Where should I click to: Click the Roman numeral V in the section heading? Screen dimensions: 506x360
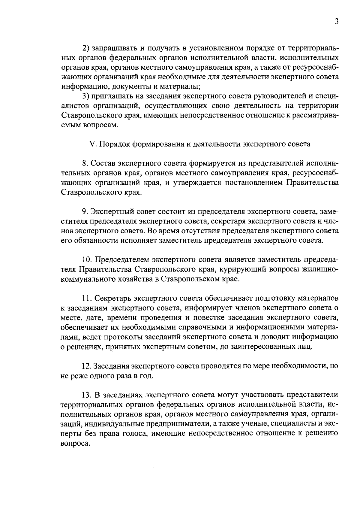(x=92, y=144)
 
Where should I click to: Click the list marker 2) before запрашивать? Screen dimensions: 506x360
(x=86, y=48)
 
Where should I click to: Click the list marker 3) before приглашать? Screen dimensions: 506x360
(x=86, y=96)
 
